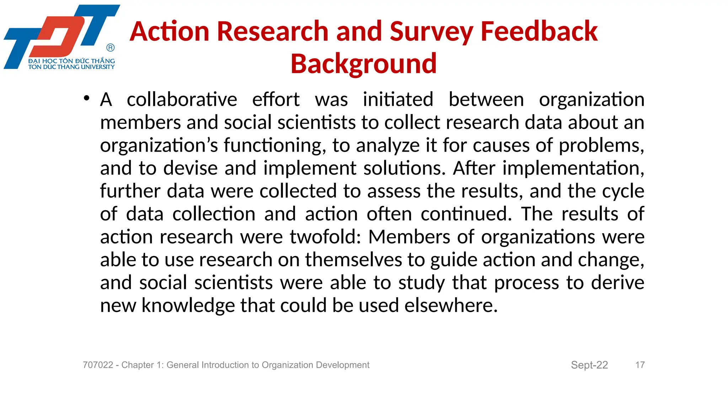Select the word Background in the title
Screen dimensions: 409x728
point(364,64)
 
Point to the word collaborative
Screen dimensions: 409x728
point(182,99)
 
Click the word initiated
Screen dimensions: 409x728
point(398,99)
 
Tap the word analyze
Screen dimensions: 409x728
point(388,146)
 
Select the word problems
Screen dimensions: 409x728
point(601,146)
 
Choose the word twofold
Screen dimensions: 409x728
point(325,237)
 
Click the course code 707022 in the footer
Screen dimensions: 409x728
point(98,365)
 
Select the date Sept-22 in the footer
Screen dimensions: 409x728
point(589,365)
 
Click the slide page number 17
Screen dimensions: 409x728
point(640,365)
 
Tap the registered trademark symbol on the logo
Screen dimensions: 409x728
point(111,48)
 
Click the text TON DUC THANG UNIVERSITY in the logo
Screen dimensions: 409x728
point(71,67)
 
